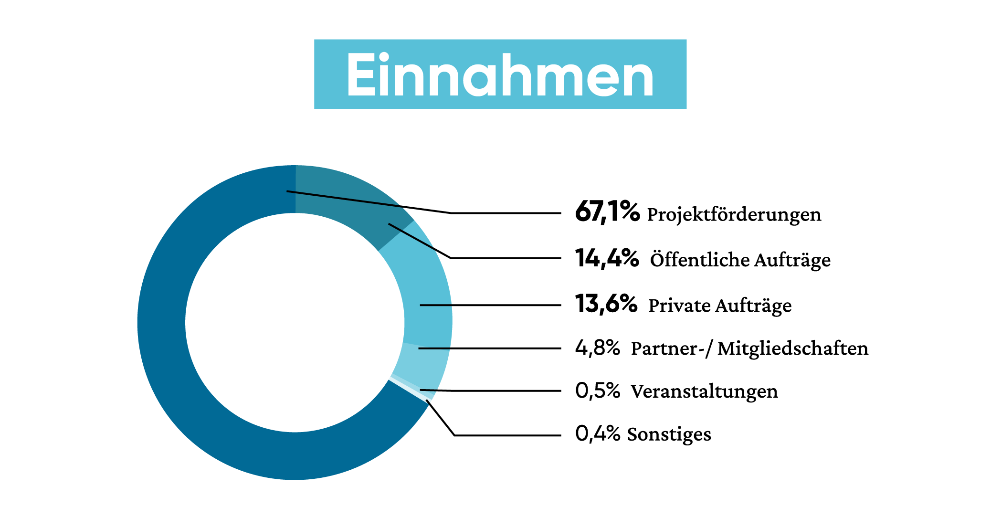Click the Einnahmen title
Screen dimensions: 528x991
pyautogui.click(x=500, y=75)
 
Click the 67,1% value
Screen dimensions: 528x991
pyautogui.click(x=607, y=211)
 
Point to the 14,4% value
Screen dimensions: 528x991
pyautogui.click(x=607, y=258)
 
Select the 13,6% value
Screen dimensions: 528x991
pyautogui.click(x=606, y=304)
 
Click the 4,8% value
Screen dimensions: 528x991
pyautogui.click(x=597, y=348)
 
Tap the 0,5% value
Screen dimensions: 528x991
pyautogui.click(x=597, y=391)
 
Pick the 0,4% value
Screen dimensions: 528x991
pyautogui.click(x=597, y=433)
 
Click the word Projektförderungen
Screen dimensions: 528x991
pyautogui.click(x=734, y=214)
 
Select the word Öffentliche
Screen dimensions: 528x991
pyautogui.click(x=700, y=260)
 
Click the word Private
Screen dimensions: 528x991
pyautogui.click(x=679, y=305)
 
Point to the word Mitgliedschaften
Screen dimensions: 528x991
pyautogui.click(x=792, y=348)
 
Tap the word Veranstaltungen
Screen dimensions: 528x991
pyautogui.click(x=704, y=391)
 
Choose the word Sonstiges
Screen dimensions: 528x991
pyautogui.click(x=669, y=434)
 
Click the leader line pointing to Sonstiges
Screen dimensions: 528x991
pyautogui.click(x=506, y=435)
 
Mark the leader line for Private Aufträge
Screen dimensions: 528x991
pyautogui.click(x=492, y=305)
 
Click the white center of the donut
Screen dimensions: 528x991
pyautogui.click(x=295, y=323)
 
